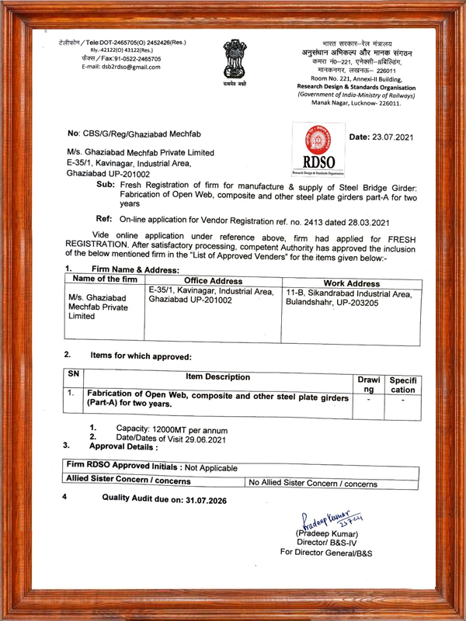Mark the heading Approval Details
125,449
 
